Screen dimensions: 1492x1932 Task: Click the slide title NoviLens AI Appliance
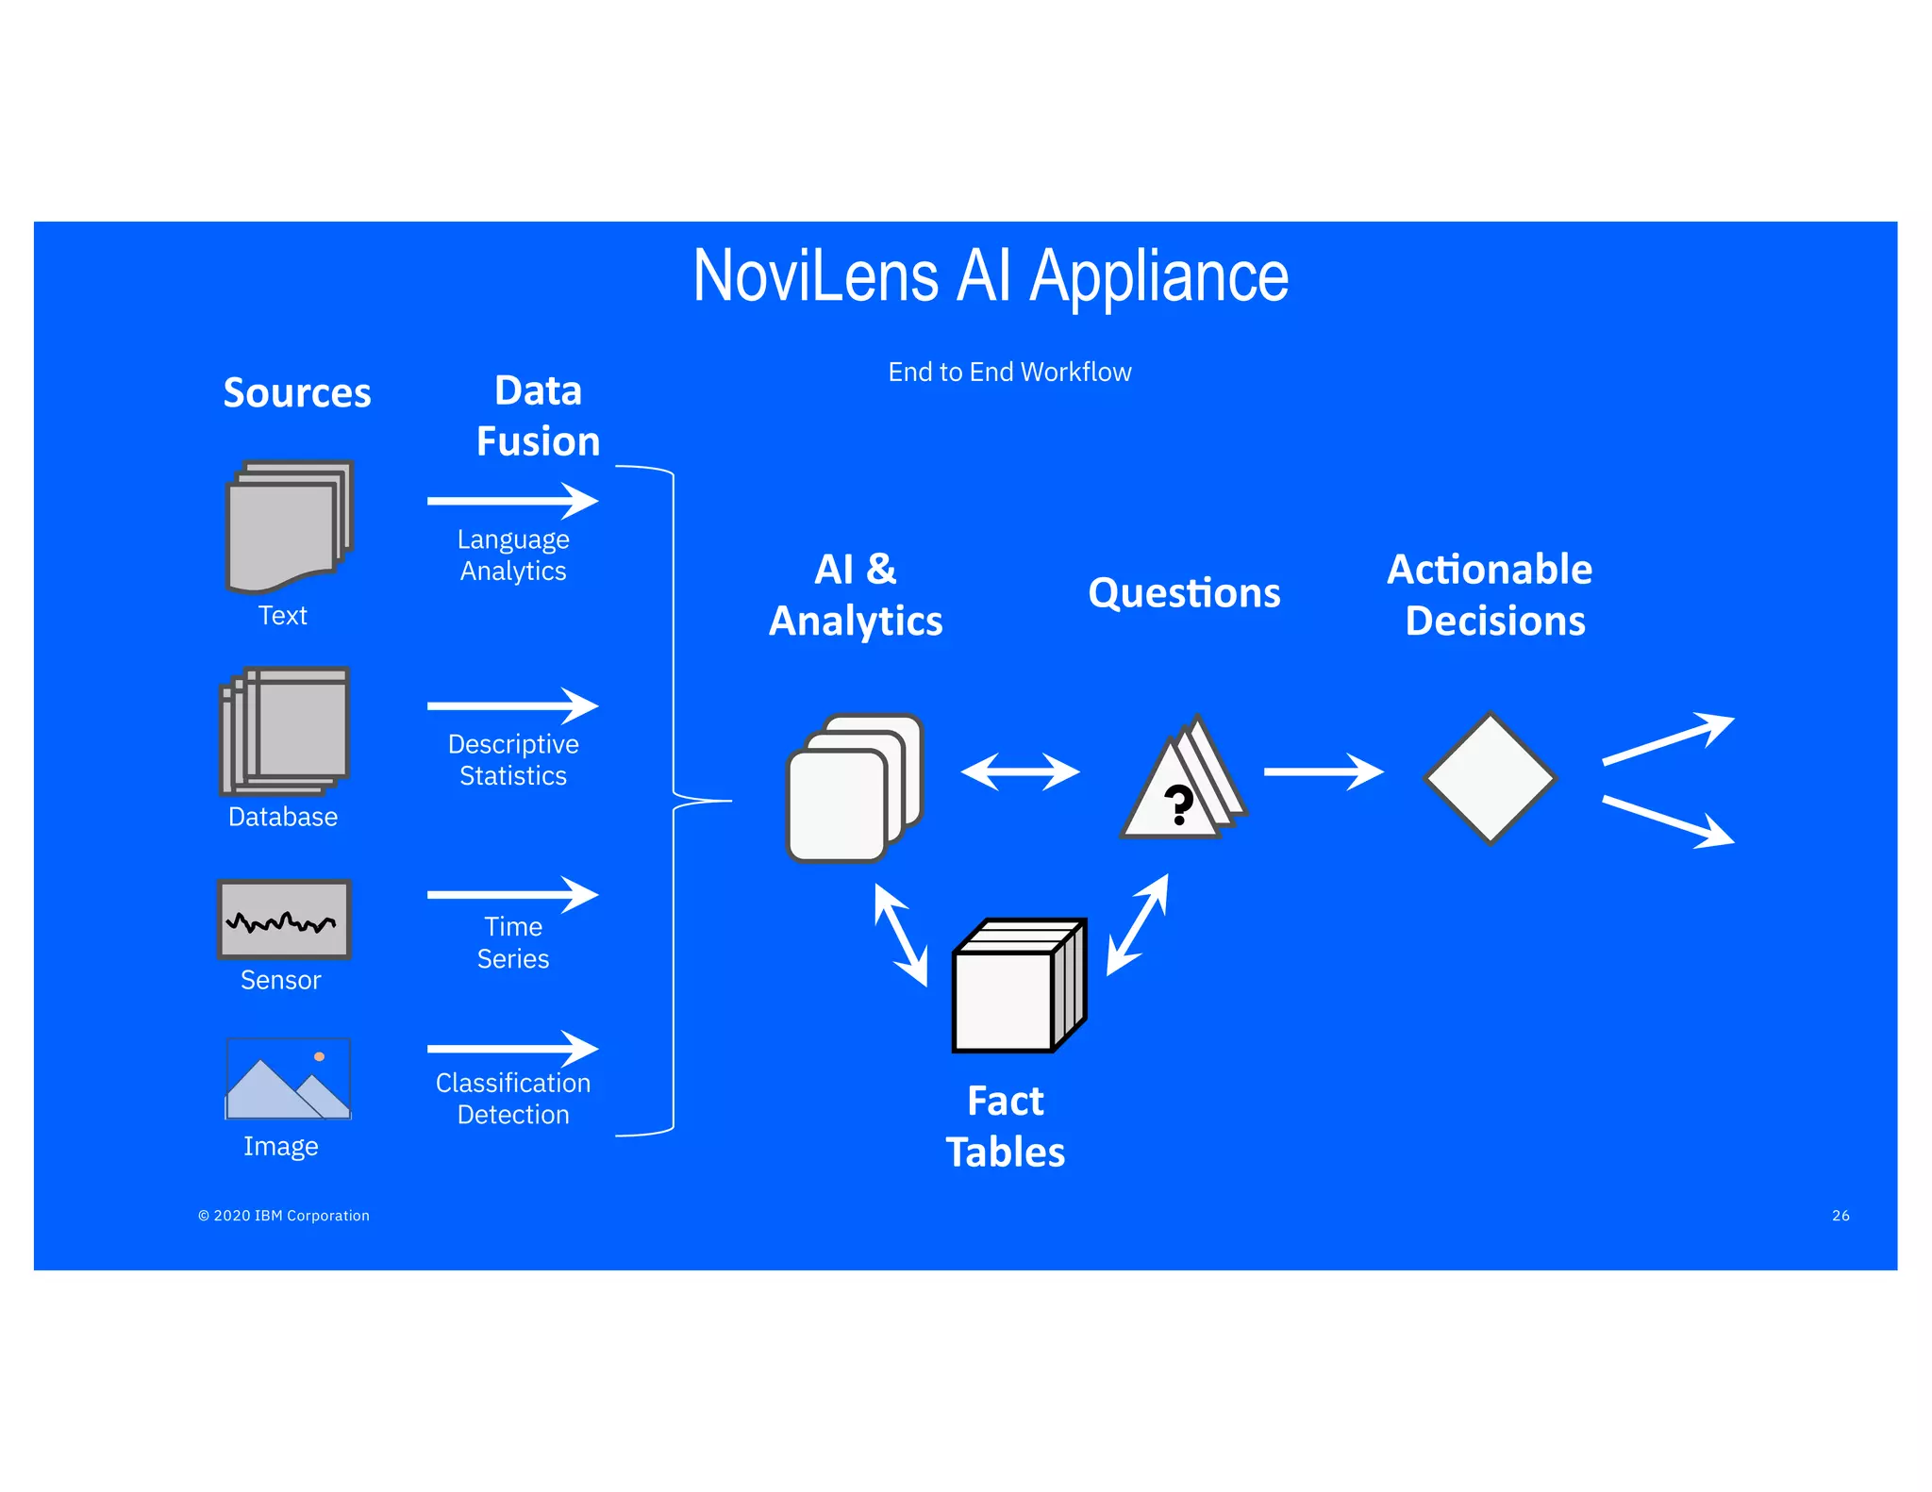(991, 276)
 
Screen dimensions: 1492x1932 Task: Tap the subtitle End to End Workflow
(1009, 373)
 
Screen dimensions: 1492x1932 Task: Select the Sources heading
(297, 392)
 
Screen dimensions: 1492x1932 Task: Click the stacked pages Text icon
(288, 525)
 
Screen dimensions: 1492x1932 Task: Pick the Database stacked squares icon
(285, 731)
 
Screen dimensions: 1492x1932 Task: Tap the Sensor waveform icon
(284, 920)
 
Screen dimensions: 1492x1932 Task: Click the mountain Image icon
(288, 1079)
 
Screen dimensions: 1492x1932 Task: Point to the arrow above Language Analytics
(512, 501)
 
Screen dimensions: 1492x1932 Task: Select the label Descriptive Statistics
(513, 759)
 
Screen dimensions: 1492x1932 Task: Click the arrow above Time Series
(512, 894)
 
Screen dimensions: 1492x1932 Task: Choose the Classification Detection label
(513, 1099)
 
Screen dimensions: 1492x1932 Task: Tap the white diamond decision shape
(1490, 778)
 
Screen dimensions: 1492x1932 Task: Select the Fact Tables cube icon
(1019, 986)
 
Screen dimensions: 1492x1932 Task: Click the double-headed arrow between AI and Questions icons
(1020, 771)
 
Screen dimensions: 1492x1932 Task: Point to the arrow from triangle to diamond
(1323, 771)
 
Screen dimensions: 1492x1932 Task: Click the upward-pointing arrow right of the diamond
(1668, 738)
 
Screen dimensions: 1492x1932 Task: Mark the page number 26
(1840, 1216)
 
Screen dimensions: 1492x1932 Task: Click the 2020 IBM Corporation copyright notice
(284, 1216)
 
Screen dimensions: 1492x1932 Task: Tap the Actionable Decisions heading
(1491, 595)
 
